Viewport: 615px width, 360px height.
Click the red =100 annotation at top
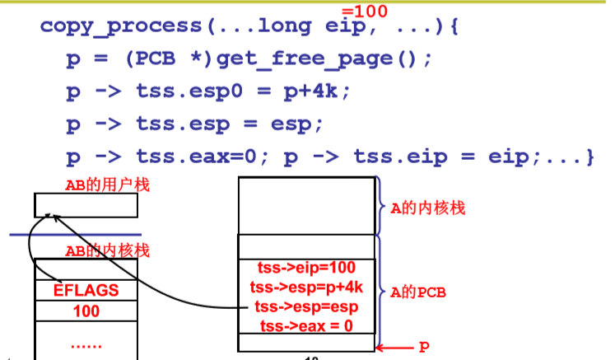[364, 11]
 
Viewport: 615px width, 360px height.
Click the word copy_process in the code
[120, 25]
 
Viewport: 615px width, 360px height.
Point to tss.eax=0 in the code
[199, 157]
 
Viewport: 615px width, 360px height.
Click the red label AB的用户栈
[108, 185]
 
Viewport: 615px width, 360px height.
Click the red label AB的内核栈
[108, 250]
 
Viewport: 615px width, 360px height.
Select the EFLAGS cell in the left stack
[86, 290]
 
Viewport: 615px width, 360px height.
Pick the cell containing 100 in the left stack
[86, 311]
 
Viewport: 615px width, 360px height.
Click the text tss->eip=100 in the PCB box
[306, 269]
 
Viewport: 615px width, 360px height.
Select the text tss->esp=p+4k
[306, 288]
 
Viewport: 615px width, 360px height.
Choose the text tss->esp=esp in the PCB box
[306, 306]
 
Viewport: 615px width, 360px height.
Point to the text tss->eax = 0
[306, 326]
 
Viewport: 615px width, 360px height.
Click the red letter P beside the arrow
[423, 347]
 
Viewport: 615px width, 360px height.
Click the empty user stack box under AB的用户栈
[86, 205]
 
